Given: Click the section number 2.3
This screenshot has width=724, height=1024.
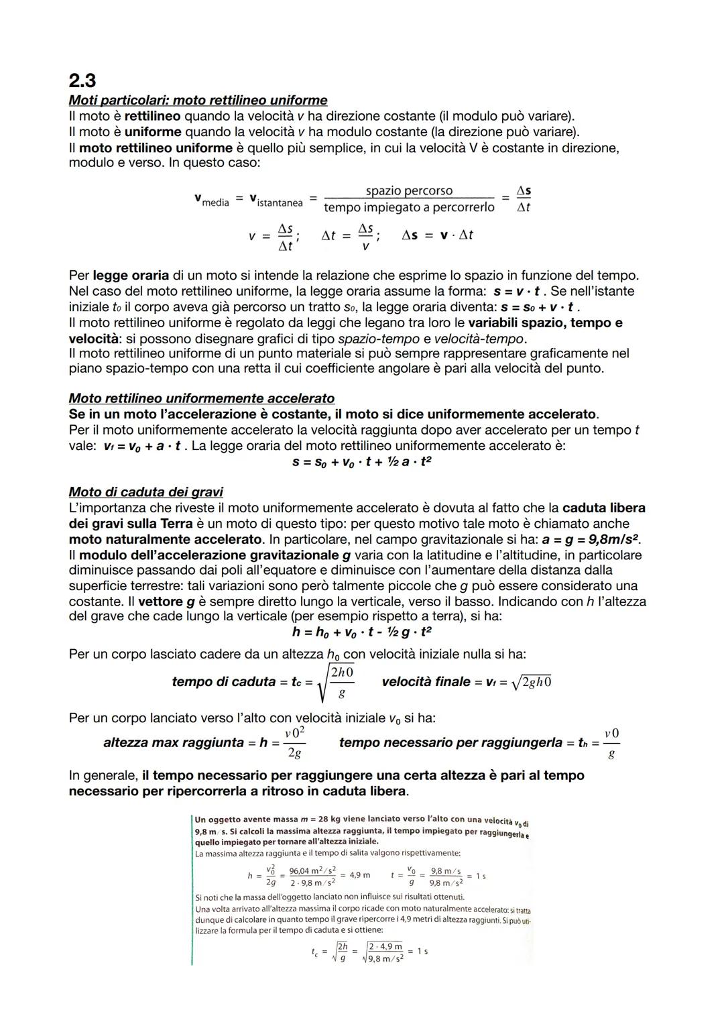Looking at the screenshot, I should coord(82,80).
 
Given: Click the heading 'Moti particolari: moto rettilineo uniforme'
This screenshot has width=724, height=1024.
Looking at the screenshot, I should coord(198,101).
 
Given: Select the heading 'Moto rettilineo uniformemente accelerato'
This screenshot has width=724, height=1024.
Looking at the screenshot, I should coord(201,399).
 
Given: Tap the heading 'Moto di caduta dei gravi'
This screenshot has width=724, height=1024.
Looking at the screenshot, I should coord(145,492).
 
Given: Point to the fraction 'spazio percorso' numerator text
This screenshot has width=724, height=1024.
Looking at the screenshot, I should coord(409,191).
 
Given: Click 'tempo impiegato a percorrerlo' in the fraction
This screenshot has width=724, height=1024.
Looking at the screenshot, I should coord(409,208).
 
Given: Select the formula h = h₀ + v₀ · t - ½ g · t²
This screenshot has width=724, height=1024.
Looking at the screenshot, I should coord(362,632).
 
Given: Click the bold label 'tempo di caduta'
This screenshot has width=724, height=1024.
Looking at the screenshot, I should coord(223,682).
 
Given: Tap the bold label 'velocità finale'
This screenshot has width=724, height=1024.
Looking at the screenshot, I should coord(426,682).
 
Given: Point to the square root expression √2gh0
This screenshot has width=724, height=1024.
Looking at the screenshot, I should coord(531,682).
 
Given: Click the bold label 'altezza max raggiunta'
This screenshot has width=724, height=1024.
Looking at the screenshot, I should coord(174,743).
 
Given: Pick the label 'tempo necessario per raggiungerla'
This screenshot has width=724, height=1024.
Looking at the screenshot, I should coord(450,743).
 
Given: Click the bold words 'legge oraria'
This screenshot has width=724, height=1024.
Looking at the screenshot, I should coord(131,276).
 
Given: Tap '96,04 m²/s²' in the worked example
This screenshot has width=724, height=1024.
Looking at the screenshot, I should coord(312,870).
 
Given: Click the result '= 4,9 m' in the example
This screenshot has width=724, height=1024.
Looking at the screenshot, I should coord(355,875).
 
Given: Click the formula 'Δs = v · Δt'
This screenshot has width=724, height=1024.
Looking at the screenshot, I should coord(437,235).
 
